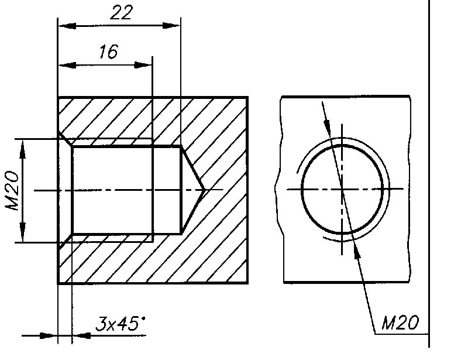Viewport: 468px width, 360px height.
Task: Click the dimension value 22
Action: tap(121, 13)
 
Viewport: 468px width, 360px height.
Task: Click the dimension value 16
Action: tap(109, 52)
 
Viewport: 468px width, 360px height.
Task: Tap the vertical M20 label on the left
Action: tap(12, 191)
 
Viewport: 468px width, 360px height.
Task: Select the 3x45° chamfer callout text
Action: tap(121, 324)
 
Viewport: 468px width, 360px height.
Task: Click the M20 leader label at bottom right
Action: tap(400, 323)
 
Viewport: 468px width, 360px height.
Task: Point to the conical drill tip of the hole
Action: tap(204, 190)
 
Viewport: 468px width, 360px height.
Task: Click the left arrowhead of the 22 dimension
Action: tap(67, 26)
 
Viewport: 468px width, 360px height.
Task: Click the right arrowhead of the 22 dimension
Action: tap(171, 26)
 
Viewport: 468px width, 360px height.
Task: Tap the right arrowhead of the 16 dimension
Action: tap(143, 65)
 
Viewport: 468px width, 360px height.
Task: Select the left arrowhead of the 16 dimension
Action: tap(67, 65)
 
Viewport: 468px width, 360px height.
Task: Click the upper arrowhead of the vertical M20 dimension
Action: tap(23, 149)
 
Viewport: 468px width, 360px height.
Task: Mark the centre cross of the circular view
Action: tap(342, 189)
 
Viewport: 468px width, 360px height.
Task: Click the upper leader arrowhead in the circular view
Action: tap(327, 126)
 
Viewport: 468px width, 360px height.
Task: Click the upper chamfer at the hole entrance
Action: tap(66, 139)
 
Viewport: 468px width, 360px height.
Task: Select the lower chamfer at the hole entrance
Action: tap(66, 242)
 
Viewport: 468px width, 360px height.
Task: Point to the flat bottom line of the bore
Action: tap(181, 190)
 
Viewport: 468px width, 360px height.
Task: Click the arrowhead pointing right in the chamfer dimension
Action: tap(49, 335)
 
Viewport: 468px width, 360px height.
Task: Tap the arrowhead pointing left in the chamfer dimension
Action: tap(81, 335)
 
